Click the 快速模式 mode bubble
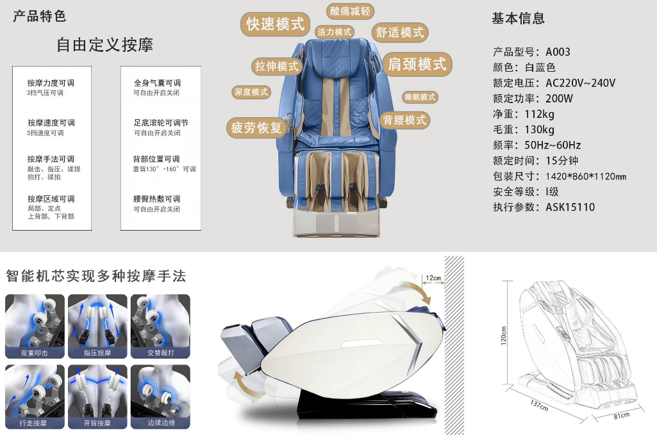coord(276,24)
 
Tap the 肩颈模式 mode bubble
coord(417,64)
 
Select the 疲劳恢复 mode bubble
coord(256,127)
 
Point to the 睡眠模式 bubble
coord(420,97)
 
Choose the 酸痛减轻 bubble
coord(350,12)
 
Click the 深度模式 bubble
coord(251,92)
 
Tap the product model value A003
coord(558,52)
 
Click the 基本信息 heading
coord(518,19)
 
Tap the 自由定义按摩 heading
coord(104,45)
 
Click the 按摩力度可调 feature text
coord(51,83)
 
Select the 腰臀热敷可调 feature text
coord(157,199)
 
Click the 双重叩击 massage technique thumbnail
coord(35,326)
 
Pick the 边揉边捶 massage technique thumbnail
coord(160,397)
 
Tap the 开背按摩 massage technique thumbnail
coord(97,397)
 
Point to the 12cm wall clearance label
coord(433,278)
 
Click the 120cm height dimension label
coord(504,336)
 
